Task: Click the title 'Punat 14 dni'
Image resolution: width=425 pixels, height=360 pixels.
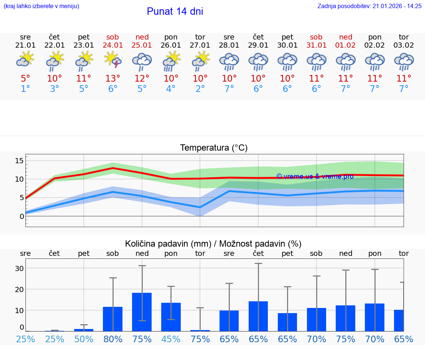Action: coord(175,11)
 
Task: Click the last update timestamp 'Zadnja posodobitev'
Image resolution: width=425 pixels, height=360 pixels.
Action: coord(369,6)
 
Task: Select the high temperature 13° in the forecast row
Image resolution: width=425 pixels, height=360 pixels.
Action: coord(113,78)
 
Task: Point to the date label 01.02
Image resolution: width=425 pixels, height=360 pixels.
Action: coord(346,45)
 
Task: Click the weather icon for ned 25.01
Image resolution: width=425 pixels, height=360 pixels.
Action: coord(142,61)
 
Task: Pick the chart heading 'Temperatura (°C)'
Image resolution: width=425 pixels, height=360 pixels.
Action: coord(214,148)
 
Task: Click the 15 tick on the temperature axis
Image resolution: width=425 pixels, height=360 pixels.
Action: coord(19,161)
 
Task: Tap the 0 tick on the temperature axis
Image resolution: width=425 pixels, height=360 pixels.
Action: coord(21,216)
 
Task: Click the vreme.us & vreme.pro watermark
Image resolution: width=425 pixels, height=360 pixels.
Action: coord(315,176)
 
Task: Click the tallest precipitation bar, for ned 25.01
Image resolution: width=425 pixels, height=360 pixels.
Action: coord(142,312)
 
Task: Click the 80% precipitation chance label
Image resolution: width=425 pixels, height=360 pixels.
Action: coord(113,339)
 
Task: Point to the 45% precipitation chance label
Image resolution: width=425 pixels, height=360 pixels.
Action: coord(171,339)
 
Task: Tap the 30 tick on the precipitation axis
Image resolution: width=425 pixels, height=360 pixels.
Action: coord(19,268)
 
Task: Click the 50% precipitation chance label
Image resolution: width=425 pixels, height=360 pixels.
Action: coord(84,339)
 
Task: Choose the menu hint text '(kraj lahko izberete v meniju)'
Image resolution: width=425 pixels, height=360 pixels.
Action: coord(41,6)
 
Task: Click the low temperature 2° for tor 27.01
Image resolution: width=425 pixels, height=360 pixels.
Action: coord(200,89)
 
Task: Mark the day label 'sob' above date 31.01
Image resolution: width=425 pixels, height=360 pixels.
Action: coord(316,37)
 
